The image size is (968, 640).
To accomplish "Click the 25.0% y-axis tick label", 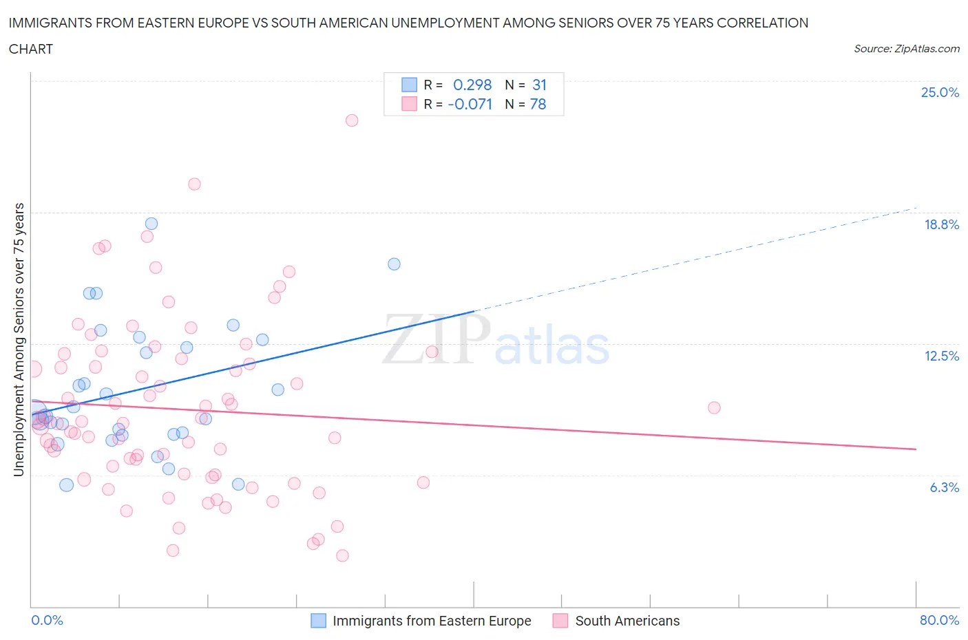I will pos(940,92).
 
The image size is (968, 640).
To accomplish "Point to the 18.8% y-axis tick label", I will pos(941,224).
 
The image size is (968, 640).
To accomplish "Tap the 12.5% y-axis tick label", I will pos(941,356).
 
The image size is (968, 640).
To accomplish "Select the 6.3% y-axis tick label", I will pos(944,487).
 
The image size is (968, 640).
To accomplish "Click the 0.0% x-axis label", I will pos(47,620).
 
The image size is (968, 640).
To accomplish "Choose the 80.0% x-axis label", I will pos(939,620).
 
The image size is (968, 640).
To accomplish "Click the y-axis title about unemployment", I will pos(19,339).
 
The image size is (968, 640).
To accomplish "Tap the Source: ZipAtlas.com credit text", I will pos(906,49).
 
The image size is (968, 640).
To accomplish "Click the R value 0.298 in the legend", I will pos(472,85).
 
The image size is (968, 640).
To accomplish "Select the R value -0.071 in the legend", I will pos(470,104).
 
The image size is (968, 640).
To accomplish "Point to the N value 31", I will pos(539,85).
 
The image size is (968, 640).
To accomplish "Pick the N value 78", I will pos(538,104).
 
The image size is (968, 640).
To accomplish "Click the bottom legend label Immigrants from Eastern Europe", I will pos(432,621).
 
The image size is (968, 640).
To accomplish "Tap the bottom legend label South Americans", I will pos(627,621).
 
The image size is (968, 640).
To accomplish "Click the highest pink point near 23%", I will pos(352,120).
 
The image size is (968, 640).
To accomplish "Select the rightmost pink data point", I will pos(714,408).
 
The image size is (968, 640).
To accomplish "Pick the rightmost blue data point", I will pos(394,264).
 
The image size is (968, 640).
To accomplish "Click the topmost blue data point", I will pos(151,224).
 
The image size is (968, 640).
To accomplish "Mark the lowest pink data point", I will pos(342,555).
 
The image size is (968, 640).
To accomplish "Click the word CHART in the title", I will pos(31,49).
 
